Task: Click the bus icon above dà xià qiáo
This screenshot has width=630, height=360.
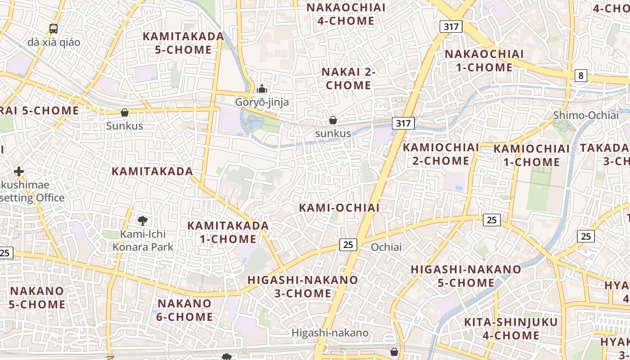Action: pos(54,29)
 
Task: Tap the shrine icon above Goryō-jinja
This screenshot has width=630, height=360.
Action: pos(262,89)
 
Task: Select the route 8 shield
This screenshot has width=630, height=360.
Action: pos(580,76)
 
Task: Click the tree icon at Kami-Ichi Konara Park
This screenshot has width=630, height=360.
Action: pos(143,220)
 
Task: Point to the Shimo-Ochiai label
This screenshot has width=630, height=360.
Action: pos(586,115)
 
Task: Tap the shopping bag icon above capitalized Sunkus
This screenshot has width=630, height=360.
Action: pos(125,112)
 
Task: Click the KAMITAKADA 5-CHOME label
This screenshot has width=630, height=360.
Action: pos(183,43)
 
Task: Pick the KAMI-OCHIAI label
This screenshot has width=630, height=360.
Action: pos(339,207)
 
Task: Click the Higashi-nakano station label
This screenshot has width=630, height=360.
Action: pos(330,333)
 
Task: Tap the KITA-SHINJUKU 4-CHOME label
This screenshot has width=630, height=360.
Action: pos(511,328)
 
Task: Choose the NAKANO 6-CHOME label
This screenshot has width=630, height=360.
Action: pos(185,310)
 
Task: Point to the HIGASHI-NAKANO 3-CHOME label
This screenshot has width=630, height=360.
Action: pos(303,287)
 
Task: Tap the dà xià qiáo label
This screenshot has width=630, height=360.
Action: pos(54,42)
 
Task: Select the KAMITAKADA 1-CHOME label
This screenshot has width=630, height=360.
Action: pos(228,232)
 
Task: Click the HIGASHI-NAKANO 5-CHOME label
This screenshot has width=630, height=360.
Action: pos(466,276)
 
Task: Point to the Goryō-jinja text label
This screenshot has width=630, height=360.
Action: pos(262,103)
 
